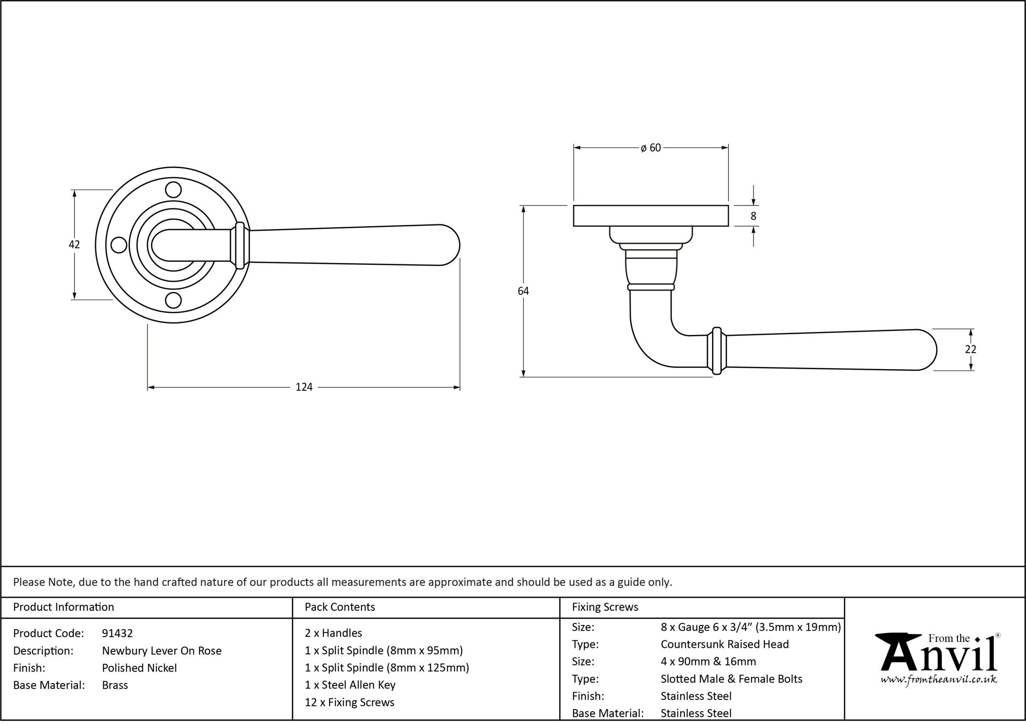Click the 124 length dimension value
tap(304, 387)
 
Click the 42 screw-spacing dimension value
tap(74, 244)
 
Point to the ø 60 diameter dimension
tap(650, 148)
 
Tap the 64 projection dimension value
tap(523, 291)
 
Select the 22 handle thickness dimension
tap(971, 349)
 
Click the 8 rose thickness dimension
tap(753, 216)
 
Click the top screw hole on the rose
tap(174, 190)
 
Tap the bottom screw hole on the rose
tap(174, 300)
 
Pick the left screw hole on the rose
tap(119, 245)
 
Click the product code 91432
tap(117, 633)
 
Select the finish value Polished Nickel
tap(139, 668)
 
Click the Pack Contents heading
tap(340, 607)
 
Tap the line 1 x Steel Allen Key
tap(350, 685)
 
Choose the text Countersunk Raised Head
tap(725, 644)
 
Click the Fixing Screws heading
tap(605, 607)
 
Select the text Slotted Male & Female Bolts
tap(731, 679)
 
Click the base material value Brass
tap(115, 685)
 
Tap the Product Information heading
tap(63, 607)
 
